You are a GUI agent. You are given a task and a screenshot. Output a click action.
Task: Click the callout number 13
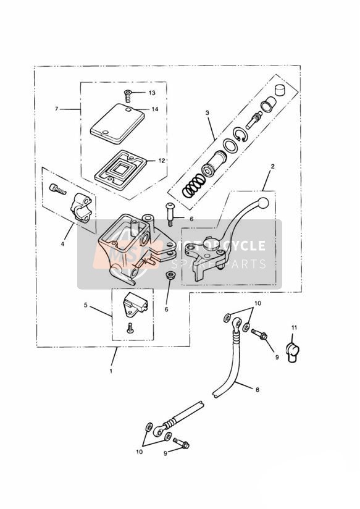[152, 93]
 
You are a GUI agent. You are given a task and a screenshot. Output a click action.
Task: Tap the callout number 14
[155, 109]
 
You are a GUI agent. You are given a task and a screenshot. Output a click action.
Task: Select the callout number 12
[162, 161]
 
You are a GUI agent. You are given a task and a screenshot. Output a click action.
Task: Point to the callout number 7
[56, 109]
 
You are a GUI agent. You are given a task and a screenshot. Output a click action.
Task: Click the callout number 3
[207, 113]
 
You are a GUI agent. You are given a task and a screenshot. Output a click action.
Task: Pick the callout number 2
[273, 167]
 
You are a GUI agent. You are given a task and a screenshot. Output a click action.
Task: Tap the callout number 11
[294, 328]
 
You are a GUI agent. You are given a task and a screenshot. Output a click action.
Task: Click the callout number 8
[257, 390]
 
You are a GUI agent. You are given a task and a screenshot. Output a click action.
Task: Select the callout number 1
[111, 371]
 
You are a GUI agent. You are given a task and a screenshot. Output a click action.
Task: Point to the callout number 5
[86, 305]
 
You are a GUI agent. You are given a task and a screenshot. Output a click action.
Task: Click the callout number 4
[62, 244]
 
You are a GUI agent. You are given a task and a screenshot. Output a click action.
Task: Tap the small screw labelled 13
[128, 96]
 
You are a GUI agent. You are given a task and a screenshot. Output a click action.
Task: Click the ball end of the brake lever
[263, 203]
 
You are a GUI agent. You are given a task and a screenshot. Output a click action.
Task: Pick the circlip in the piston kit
[241, 135]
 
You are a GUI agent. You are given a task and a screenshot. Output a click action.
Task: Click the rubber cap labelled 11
[292, 349]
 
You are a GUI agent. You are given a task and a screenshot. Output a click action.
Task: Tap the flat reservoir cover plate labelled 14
[117, 124]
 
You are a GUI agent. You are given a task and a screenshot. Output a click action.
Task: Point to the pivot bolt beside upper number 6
[170, 214]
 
